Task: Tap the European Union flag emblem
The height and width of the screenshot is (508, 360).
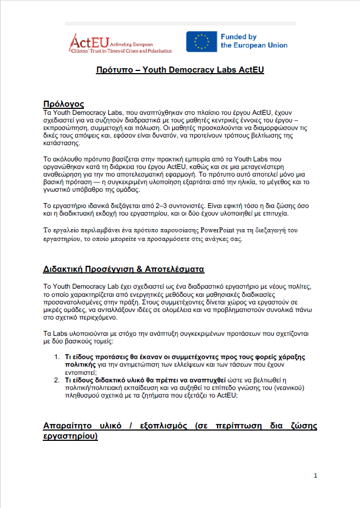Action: tap(201, 42)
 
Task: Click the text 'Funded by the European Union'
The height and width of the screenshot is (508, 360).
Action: tap(253, 41)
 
